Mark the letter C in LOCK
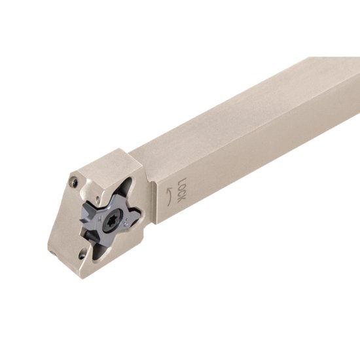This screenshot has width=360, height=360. point(183,190)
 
